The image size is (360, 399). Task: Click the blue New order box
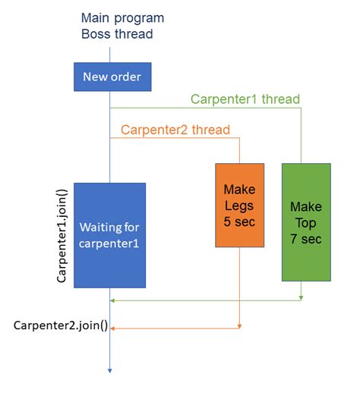[x=111, y=77]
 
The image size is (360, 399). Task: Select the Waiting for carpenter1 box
[x=110, y=235]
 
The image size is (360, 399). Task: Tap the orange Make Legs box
[x=239, y=205]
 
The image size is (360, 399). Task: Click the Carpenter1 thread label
[x=245, y=99]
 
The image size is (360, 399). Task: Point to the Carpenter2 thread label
[x=175, y=129]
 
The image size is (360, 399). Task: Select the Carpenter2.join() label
[x=61, y=327]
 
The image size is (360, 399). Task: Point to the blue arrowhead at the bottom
[x=110, y=370]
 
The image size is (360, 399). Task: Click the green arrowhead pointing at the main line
[x=115, y=300]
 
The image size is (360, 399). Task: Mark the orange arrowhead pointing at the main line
[x=115, y=328]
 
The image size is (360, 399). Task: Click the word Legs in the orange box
[x=239, y=205]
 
